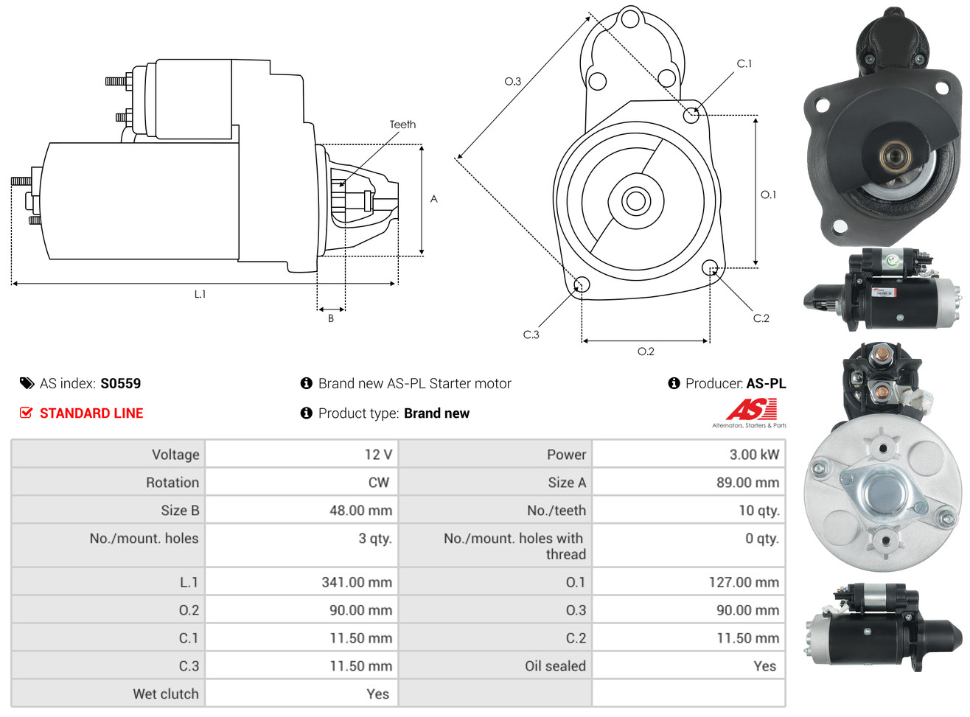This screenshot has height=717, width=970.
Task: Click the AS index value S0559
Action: (120, 383)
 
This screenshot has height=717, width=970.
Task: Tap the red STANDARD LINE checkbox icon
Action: (27, 413)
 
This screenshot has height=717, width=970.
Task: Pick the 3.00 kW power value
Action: (754, 455)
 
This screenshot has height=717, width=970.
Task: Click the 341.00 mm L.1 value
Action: (357, 582)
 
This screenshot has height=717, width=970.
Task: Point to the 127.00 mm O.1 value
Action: (744, 582)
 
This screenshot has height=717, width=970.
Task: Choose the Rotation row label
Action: (172, 483)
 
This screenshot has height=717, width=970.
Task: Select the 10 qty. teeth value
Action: (758, 511)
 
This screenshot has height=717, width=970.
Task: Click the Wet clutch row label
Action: (166, 694)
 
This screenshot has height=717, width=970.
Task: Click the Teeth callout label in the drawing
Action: (402, 125)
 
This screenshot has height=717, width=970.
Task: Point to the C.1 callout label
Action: (744, 64)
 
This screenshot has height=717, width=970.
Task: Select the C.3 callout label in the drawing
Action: (531, 335)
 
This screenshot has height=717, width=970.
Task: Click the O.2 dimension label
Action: (646, 351)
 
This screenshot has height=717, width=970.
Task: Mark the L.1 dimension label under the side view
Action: (200, 294)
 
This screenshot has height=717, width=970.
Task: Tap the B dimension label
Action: (331, 319)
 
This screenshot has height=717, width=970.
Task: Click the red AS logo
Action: (751, 410)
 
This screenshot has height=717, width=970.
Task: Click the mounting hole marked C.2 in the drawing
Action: (709, 267)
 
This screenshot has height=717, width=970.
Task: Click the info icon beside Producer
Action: (674, 383)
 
